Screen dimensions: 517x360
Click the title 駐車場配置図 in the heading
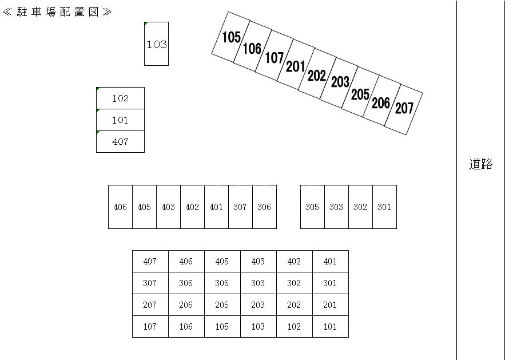(x=58, y=12)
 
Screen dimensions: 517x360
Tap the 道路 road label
(x=481, y=164)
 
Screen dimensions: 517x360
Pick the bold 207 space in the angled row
(x=404, y=109)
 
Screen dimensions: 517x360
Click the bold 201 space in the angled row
(x=296, y=65)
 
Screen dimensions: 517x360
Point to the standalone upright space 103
(x=156, y=44)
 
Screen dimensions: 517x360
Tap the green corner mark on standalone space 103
(x=145, y=23)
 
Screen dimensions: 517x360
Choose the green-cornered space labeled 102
(x=120, y=98)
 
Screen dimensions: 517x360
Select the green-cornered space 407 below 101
(x=120, y=141)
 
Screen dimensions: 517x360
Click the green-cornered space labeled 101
(x=120, y=120)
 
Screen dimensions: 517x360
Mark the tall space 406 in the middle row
(x=120, y=207)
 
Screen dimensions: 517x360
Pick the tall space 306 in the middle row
(x=264, y=207)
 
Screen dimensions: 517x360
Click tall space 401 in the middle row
(x=216, y=207)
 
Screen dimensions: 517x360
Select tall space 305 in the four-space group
(x=312, y=207)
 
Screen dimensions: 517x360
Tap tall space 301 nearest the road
(x=384, y=207)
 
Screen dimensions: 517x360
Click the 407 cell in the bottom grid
(x=150, y=262)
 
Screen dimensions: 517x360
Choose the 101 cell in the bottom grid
(x=331, y=327)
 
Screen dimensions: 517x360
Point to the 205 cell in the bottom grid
(x=222, y=305)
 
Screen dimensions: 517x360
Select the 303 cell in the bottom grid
(x=258, y=283)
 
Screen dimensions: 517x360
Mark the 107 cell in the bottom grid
(x=150, y=327)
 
